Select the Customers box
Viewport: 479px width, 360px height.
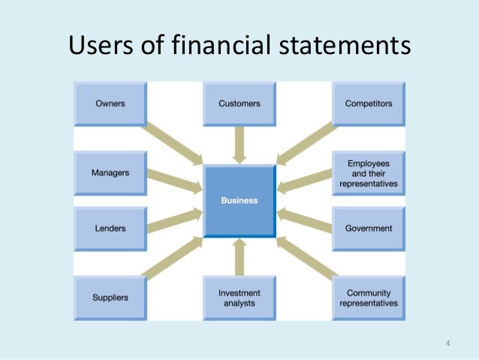pos(239,104)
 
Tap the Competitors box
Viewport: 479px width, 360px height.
pos(368,104)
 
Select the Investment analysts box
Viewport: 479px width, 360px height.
pos(239,298)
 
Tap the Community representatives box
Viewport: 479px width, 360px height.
pos(368,298)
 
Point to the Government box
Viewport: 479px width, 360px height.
pos(368,228)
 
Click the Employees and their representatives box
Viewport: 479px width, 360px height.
pos(368,173)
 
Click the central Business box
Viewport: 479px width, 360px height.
pos(239,201)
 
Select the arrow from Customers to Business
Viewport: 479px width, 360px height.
pos(239,144)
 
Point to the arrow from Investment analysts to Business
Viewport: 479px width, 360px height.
pos(239,257)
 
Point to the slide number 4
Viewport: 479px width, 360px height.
pos(447,345)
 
